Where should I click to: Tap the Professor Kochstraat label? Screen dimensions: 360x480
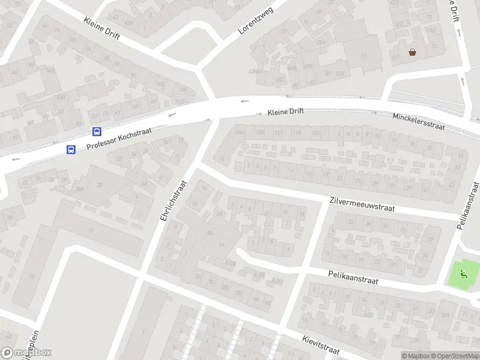[x=119, y=139]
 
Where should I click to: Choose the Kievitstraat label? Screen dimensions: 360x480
[x=322, y=344]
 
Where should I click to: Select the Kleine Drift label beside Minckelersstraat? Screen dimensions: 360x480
[x=286, y=112]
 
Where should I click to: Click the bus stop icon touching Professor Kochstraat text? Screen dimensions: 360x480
[x=97, y=131]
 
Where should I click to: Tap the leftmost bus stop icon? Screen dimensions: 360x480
[x=71, y=149]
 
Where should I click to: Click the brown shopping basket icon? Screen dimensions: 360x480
[x=413, y=52]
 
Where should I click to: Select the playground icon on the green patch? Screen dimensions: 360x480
[x=463, y=274]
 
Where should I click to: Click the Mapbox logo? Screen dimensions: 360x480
[x=26, y=353]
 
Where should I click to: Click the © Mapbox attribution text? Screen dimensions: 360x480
[x=415, y=356]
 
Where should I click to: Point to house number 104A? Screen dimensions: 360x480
[x=241, y=133]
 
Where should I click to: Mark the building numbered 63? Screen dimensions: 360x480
[x=364, y=55]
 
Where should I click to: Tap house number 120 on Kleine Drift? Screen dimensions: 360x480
[x=315, y=133]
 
